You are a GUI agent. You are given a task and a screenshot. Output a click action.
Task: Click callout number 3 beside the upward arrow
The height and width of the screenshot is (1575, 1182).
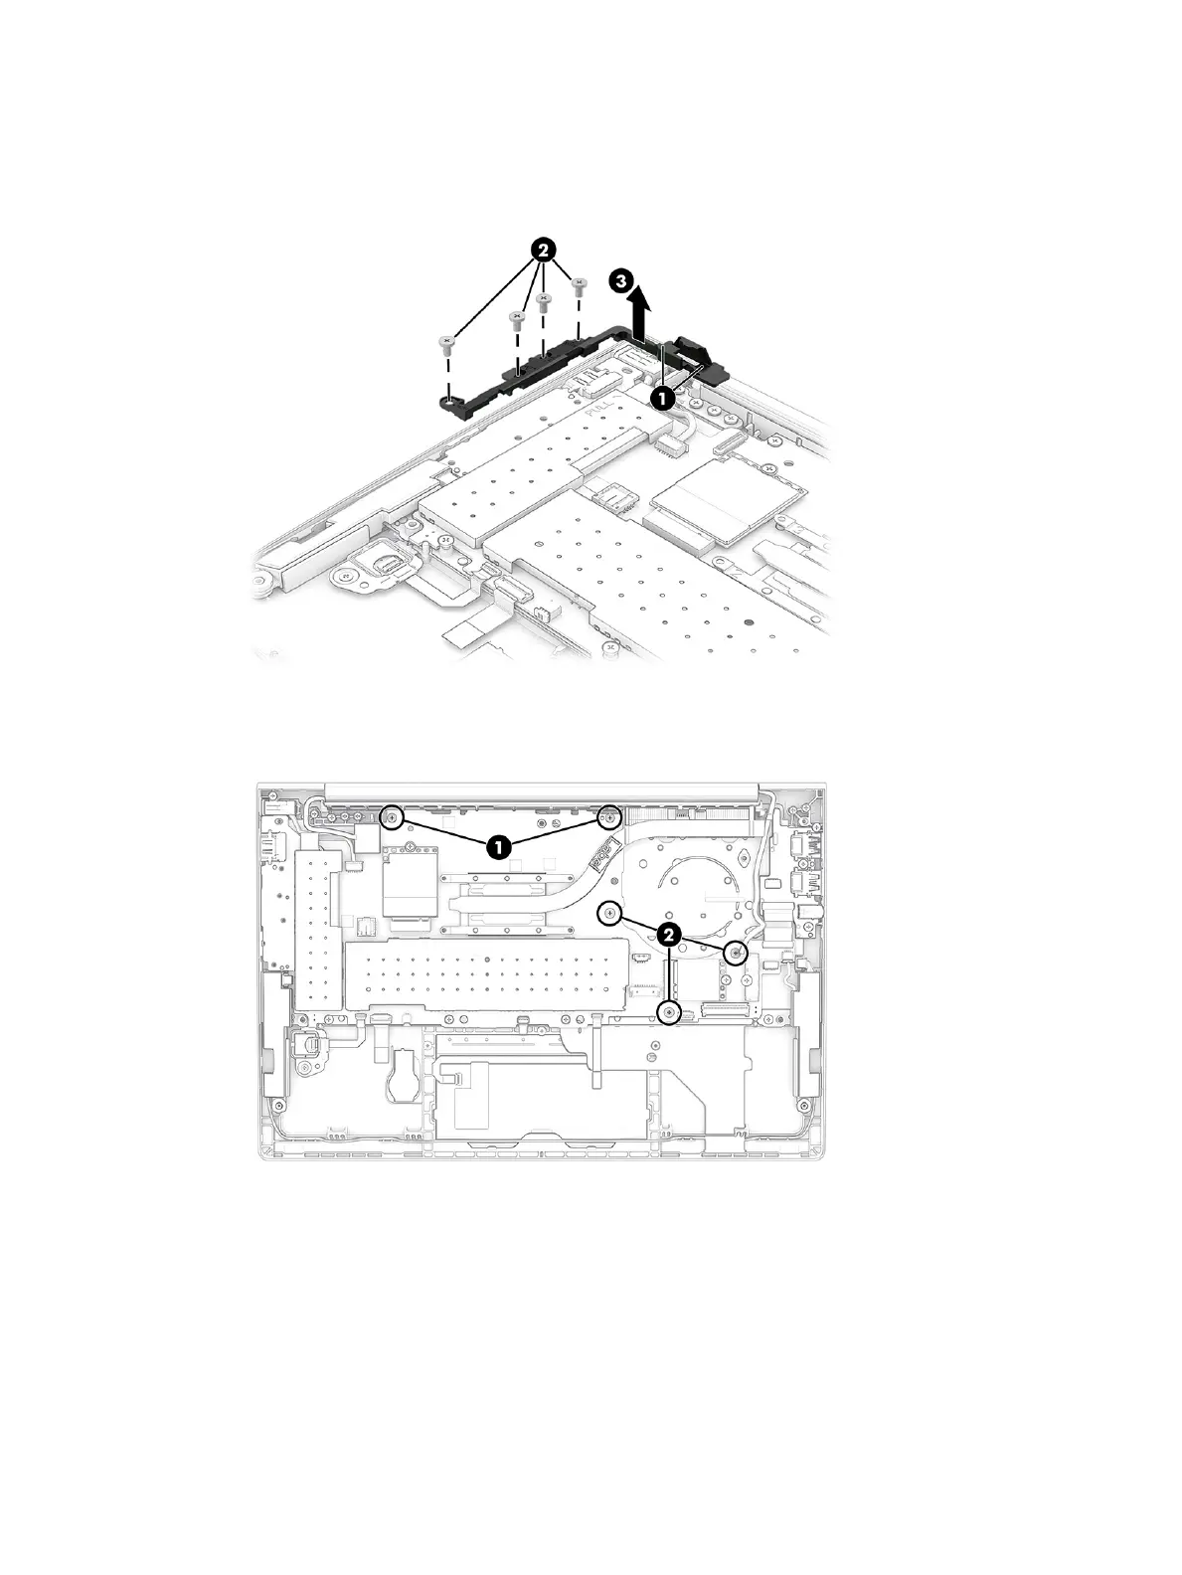point(619,282)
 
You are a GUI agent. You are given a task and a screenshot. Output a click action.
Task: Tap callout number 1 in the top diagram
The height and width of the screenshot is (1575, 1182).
point(661,396)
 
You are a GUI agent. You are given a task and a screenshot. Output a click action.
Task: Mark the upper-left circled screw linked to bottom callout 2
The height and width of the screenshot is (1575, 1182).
point(612,913)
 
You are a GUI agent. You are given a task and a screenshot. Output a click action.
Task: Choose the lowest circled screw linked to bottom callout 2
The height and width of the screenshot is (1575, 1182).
point(671,1013)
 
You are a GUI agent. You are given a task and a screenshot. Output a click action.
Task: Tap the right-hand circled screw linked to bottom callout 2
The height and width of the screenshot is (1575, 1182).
point(736,953)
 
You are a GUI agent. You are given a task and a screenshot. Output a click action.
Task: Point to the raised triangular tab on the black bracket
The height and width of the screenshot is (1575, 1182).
point(691,349)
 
